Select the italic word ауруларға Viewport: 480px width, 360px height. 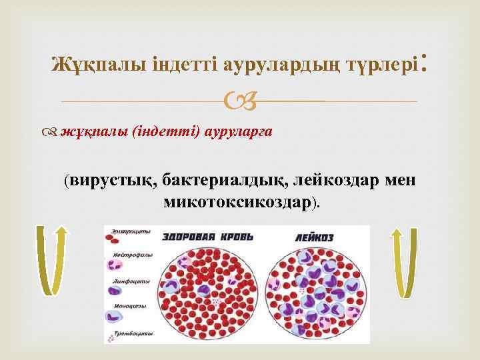coord(232,131)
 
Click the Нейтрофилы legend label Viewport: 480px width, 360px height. coord(131,255)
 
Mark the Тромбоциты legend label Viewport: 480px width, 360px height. coord(133,332)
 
